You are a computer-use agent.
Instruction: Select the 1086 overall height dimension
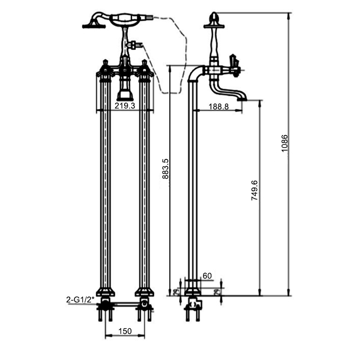(284, 143)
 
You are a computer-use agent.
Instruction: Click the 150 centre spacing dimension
(125, 331)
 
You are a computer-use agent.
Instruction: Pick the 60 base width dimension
(207, 275)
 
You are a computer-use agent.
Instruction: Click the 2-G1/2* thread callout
(81, 299)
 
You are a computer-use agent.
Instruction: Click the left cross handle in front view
(105, 69)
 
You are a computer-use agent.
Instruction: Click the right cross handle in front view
(144, 69)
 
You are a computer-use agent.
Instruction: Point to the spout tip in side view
(243, 97)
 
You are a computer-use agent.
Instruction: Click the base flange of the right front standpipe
(144, 292)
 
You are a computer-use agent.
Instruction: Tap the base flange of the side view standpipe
(193, 292)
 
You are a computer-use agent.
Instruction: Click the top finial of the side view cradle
(215, 18)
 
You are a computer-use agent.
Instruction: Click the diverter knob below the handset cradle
(135, 45)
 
